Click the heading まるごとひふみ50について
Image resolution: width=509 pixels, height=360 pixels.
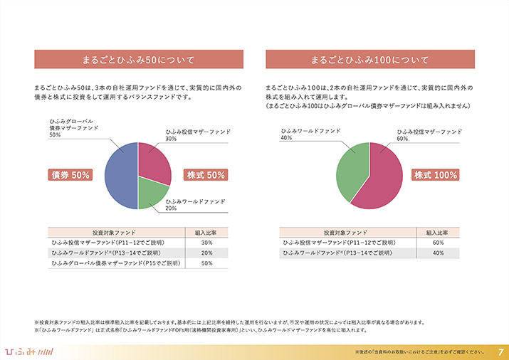coord(138,58)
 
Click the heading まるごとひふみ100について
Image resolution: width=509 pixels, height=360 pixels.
coord(369,58)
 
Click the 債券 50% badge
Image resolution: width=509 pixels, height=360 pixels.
coord(70,175)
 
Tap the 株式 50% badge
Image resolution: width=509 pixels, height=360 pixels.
coord(206,175)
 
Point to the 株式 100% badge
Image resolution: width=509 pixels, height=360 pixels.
coord(436,175)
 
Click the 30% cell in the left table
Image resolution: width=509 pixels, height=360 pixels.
coord(207,243)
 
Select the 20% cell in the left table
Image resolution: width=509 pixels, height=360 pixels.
coord(207,253)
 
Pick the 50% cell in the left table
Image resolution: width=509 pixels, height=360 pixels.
coord(207,263)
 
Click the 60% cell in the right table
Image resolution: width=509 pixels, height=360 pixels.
coord(438,243)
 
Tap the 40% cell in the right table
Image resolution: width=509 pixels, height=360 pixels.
coord(438,253)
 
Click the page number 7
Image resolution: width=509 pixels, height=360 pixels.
coord(500,351)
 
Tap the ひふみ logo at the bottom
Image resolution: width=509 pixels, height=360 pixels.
coord(26,351)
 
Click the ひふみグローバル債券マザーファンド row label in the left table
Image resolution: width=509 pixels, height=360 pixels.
coord(115,263)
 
